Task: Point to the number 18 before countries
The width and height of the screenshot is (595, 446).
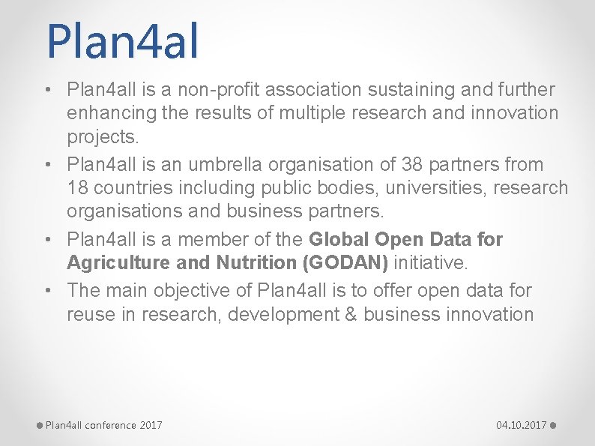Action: pos(79,187)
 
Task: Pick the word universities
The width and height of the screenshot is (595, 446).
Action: pos(419,187)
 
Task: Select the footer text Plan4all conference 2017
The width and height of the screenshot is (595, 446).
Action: pos(103,425)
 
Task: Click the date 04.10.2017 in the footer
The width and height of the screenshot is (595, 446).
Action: pos(521,425)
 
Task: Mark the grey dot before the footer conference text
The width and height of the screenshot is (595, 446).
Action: pos(40,426)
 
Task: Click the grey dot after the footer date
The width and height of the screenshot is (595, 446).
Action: pos(552,426)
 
